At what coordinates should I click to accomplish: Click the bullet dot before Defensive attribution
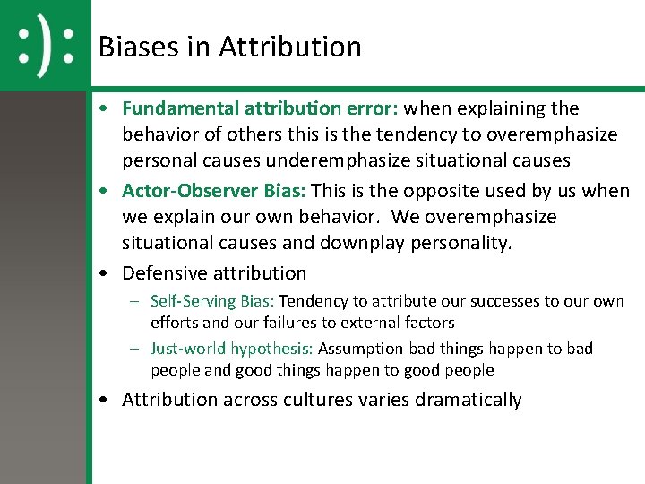coord(106,273)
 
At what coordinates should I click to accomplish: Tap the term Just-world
coord(188,349)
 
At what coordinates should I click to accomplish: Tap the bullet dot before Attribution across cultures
coord(106,400)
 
